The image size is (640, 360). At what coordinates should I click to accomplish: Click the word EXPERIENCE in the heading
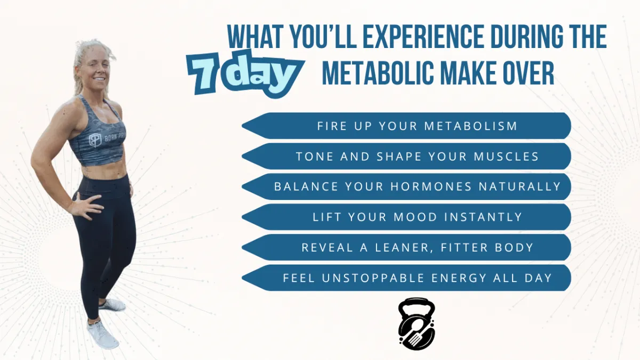pyautogui.click(x=423, y=37)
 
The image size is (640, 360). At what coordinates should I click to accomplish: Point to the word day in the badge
pyautogui.click(x=265, y=74)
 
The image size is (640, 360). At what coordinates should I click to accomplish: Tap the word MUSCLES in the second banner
pyautogui.click(x=506, y=157)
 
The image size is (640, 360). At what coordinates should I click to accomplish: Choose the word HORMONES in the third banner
pyautogui.click(x=431, y=187)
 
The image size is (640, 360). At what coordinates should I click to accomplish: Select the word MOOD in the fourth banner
pyautogui.click(x=415, y=217)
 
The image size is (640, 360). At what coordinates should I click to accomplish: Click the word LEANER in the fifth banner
pyautogui.click(x=402, y=247)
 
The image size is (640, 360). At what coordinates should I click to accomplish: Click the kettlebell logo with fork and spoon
pyautogui.click(x=417, y=324)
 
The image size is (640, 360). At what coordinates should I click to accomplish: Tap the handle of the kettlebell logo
pyautogui.click(x=417, y=303)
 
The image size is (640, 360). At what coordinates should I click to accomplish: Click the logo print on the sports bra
pyautogui.click(x=94, y=140)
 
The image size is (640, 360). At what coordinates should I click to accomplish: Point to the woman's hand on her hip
pyautogui.click(x=86, y=206)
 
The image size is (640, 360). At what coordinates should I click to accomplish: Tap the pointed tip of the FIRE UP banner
pyautogui.click(x=242, y=126)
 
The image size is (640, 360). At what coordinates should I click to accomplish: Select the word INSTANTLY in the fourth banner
pyautogui.click(x=483, y=217)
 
